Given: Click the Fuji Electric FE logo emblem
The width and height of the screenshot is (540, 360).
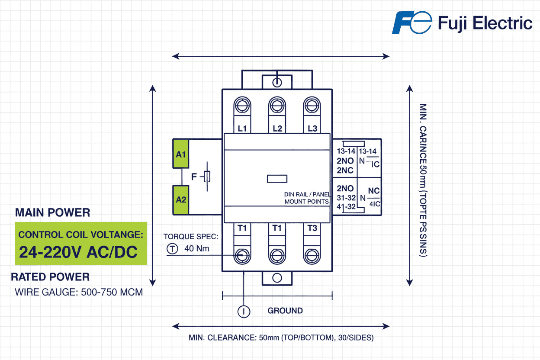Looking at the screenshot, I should click(x=411, y=23).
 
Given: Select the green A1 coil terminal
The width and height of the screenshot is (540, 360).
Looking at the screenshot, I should click(x=181, y=154).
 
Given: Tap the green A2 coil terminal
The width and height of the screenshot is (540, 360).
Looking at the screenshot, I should click(x=181, y=199).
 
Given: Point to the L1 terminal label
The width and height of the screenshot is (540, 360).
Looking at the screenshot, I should click(x=242, y=129).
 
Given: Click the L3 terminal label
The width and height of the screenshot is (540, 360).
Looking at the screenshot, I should click(x=312, y=129).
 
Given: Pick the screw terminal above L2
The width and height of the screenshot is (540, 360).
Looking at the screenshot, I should click(x=277, y=106).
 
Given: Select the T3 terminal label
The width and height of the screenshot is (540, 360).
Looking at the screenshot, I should click(x=312, y=228).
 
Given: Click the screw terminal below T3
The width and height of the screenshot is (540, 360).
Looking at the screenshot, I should click(x=312, y=254).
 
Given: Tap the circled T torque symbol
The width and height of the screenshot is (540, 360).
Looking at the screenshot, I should click(x=173, y=249).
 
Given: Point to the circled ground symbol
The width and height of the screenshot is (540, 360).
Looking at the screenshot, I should click(x=244, y=311).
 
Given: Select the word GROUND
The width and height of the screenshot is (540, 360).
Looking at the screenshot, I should click(x=285, y=311).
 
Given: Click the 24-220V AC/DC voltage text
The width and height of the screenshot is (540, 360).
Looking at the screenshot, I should click(x=79, y=252).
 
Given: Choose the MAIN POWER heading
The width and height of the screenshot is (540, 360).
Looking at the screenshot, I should click(x=52, y=212).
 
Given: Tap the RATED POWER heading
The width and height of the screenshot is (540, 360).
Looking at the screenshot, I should click(x=50, y=277).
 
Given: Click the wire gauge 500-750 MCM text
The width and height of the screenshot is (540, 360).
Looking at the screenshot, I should click(x=79, y=292).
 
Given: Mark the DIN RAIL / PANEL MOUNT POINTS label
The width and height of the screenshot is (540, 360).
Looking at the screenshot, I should click(x=307, y=198).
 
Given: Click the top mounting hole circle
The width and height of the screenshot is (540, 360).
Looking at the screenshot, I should click(x=277, y=82).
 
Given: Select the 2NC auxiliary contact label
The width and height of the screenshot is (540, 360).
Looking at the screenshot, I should click(x=345, y=170).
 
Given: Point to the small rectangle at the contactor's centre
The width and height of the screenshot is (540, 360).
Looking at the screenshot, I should click(x=277, y=178).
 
